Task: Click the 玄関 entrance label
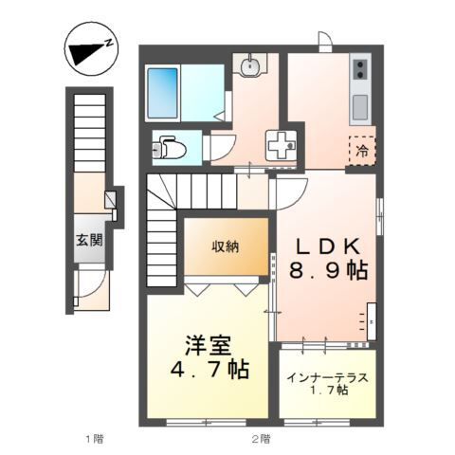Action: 91,240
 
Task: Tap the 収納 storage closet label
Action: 226,247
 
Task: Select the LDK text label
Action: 327,245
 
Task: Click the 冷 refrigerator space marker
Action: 362,150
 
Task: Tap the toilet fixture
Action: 170,148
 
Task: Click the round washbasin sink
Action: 251,66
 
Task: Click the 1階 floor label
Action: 92,439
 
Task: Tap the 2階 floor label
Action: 260,439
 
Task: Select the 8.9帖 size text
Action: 328,271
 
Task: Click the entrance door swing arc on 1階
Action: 88,289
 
